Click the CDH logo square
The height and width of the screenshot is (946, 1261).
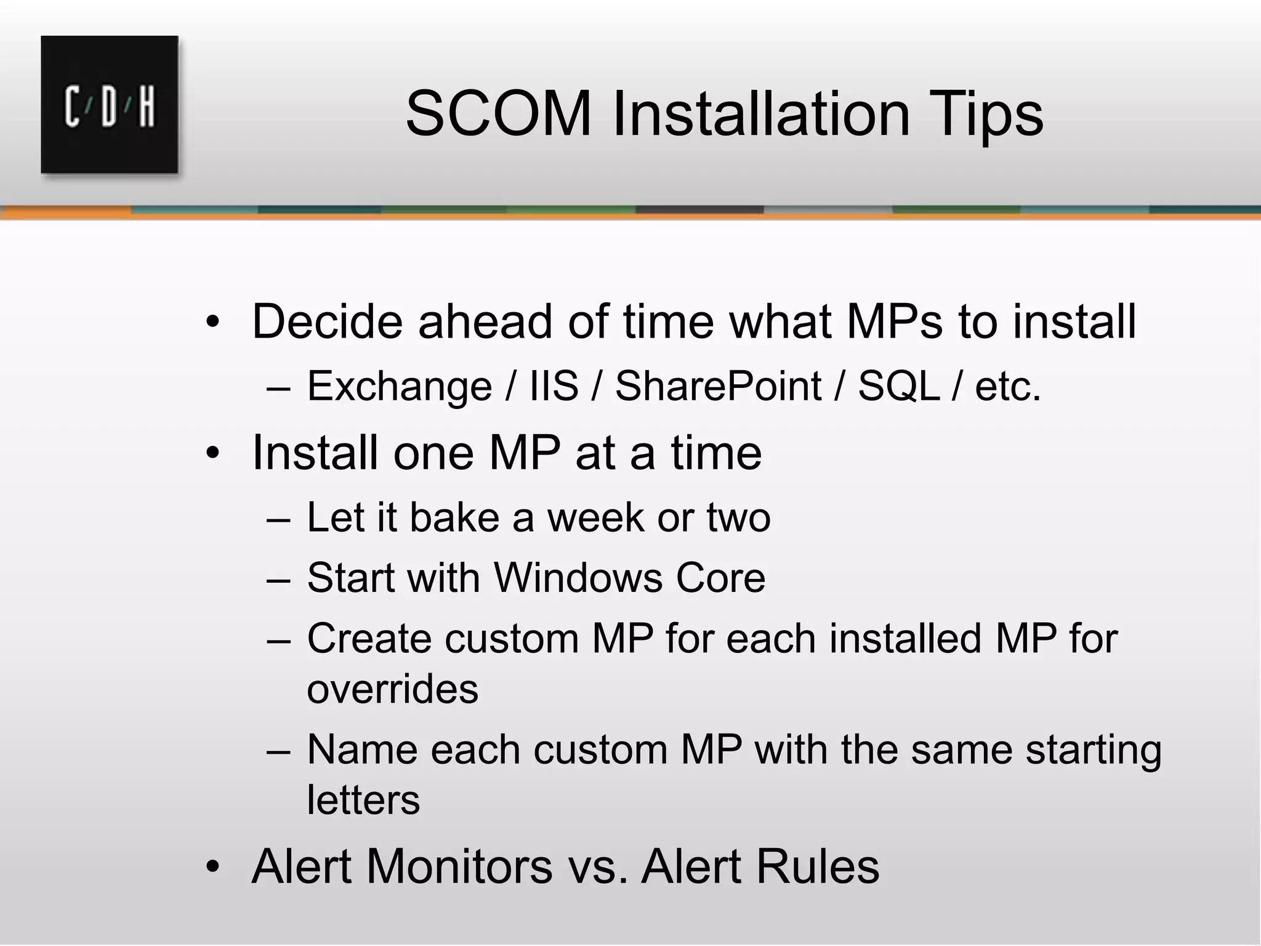coord(110,104)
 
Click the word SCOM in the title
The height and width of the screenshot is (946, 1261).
coord(499,114)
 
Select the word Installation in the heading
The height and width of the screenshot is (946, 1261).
coord(760,114)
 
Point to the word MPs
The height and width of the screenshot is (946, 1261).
coord(894,321)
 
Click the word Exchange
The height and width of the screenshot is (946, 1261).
coord(399,387)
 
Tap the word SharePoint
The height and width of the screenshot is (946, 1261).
coord(718,387)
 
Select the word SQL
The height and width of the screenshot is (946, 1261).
coord(899,387)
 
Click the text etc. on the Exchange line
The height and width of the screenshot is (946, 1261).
coord(1007,387)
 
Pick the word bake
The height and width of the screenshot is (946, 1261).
coord(454,517)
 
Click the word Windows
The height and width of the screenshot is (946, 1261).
coord(578,578)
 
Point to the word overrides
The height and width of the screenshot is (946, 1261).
coord(392,689)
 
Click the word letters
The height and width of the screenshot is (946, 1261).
coord(363,800)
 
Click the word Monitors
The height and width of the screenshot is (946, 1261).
coord(460,867)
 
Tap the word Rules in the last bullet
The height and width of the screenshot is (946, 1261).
coord(817,867)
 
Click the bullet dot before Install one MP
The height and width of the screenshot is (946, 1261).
coord(212,453)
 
